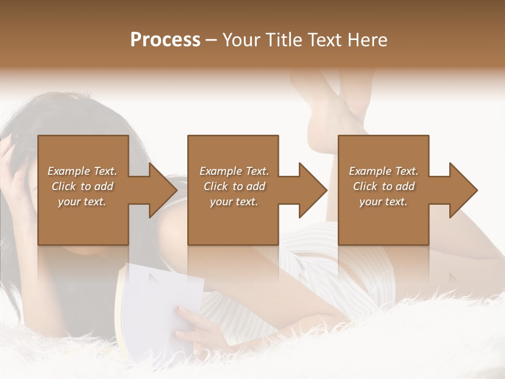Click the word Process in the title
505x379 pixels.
point(165,40)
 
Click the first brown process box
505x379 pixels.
point(83,221)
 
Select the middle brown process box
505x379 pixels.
point(233,221)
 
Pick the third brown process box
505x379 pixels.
point(383,221)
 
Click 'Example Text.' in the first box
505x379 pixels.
point(83,171)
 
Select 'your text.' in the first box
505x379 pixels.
point(83,202)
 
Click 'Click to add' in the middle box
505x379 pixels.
point(234,186)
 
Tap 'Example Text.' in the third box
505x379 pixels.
point(383,171)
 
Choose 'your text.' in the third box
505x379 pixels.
point(383,202)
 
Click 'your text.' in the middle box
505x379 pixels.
point(234,202)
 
